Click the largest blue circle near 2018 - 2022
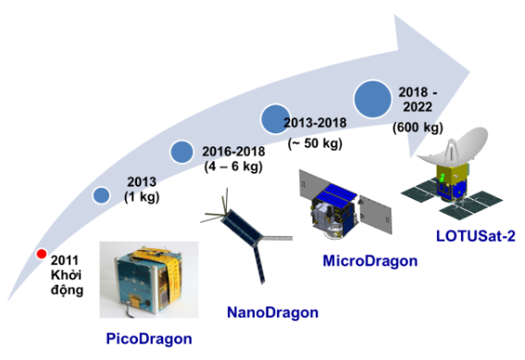[x=373, y=97]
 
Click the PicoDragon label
[x=148, y=338]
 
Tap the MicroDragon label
[x=369, y=260]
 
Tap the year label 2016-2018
[x=233, y=152]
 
